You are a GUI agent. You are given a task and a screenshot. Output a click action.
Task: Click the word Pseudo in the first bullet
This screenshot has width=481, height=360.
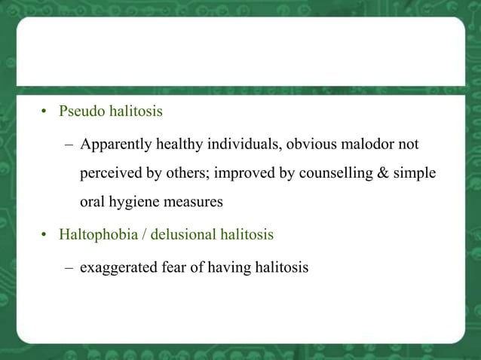(x=79, y=112)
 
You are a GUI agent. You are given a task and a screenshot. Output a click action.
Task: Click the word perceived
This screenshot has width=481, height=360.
(x=111, y=173)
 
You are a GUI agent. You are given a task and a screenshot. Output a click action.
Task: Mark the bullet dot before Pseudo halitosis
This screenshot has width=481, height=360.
(x=44, y=113)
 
